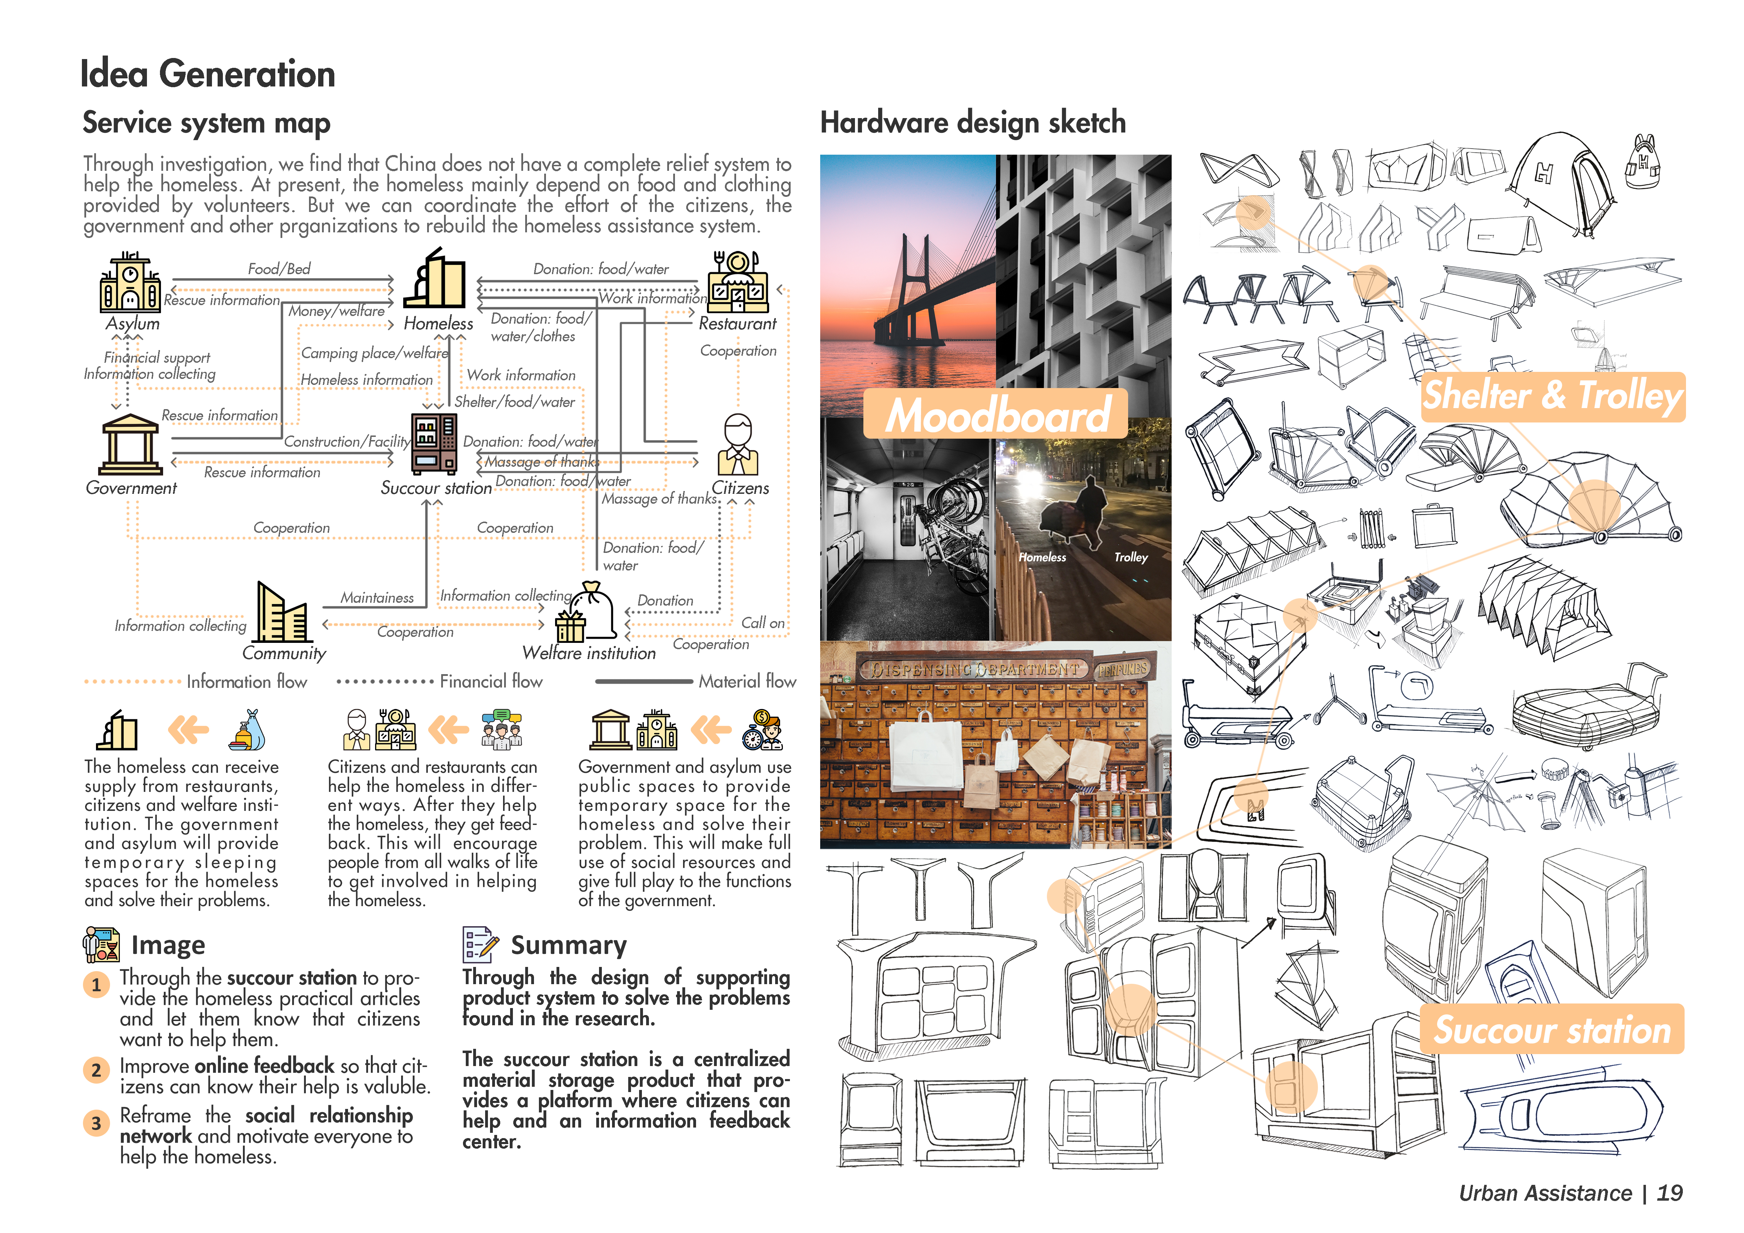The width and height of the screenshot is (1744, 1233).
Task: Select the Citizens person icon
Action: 738,445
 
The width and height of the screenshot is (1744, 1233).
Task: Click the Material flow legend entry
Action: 747,681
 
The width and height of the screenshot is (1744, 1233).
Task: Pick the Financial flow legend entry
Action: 491,681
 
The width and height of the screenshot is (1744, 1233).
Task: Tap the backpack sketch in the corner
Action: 1643,162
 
